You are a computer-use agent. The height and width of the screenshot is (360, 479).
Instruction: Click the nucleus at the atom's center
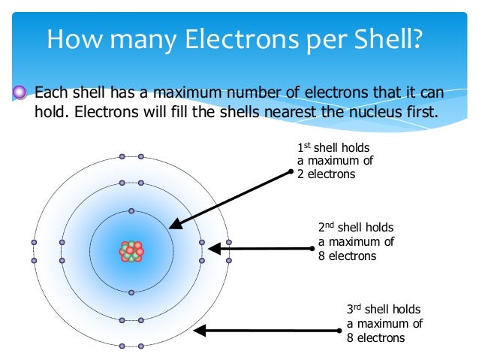131,252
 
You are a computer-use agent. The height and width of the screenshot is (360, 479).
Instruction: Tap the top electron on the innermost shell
131,211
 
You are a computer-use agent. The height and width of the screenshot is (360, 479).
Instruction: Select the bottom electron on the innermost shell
131,292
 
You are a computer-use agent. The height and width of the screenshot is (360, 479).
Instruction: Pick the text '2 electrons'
326,174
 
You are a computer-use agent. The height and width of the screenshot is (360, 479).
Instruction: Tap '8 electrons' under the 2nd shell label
347,256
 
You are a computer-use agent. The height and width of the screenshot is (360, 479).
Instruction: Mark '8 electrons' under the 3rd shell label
375,337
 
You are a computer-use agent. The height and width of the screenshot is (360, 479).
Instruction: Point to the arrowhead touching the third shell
198,330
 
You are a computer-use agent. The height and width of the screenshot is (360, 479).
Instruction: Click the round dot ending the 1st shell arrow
291,172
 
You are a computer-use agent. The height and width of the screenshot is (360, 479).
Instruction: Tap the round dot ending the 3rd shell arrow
339,330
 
